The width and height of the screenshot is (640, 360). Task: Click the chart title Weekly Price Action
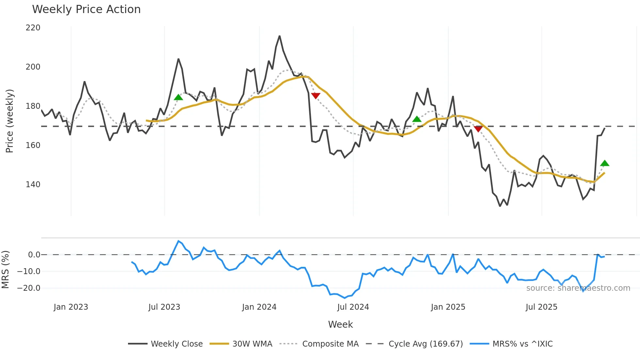point(86,9)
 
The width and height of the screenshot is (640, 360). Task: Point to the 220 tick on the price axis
point(33,28)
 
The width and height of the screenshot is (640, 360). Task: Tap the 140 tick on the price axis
point(33,185)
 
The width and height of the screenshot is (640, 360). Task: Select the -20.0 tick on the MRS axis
point(29,288)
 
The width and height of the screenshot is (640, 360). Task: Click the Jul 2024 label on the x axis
point(353,307)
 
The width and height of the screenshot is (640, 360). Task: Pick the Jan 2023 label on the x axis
point(71,307)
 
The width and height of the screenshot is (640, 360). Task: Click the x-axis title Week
point(340,324)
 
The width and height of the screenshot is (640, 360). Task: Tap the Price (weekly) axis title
point(9,121)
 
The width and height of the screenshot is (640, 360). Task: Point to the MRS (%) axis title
point(5,270)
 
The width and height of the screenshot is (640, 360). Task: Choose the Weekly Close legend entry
point(165,344)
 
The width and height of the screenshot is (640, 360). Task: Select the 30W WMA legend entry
point(241,344)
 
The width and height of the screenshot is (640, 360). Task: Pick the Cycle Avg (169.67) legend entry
point(414,344)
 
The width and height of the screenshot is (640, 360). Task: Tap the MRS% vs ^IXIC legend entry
point(511,344)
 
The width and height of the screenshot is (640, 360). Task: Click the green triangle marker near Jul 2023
point(178,97)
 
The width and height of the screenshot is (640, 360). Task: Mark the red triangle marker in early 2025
point(478,129)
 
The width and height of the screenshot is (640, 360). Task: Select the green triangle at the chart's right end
point(604,163)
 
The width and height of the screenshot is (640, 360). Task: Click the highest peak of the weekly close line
point(280,36)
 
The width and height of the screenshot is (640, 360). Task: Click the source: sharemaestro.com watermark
point(578,288)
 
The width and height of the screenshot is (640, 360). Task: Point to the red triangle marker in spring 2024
point(315,95)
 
